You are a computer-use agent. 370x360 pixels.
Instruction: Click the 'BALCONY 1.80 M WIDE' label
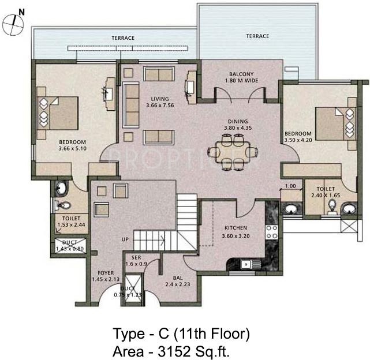tap(238, 77)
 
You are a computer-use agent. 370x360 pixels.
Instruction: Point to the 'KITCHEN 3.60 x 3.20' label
tap(236, 232)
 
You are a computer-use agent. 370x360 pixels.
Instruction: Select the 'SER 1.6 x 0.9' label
tap(136, 260)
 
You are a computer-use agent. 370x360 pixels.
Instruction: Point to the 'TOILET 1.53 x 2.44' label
tap(71, 222)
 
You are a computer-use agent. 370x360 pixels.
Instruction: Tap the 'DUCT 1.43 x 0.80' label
tap(70, 245)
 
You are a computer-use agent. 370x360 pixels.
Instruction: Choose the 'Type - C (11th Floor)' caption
tap(181, 333)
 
